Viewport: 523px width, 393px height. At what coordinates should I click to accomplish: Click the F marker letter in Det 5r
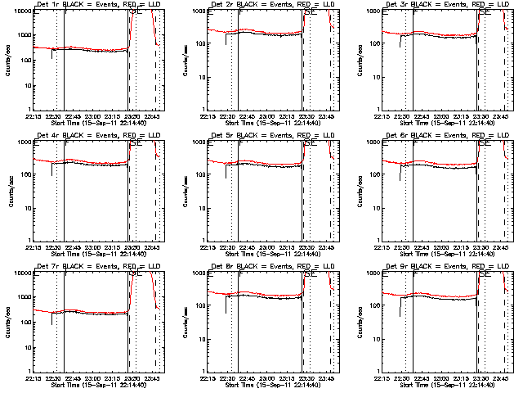tap(240, 142)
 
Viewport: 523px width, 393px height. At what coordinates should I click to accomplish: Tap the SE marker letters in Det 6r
tap(485, 142)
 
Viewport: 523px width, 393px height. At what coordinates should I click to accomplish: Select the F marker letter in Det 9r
tap(415, 273)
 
